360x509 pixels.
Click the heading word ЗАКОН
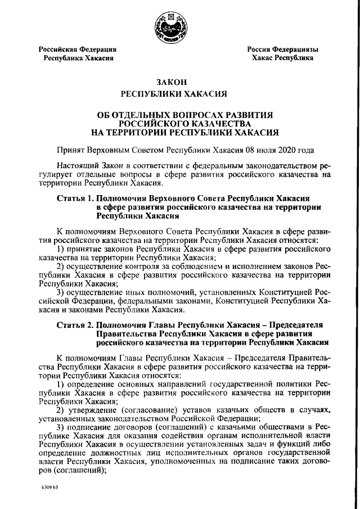[x=179, y=82]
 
